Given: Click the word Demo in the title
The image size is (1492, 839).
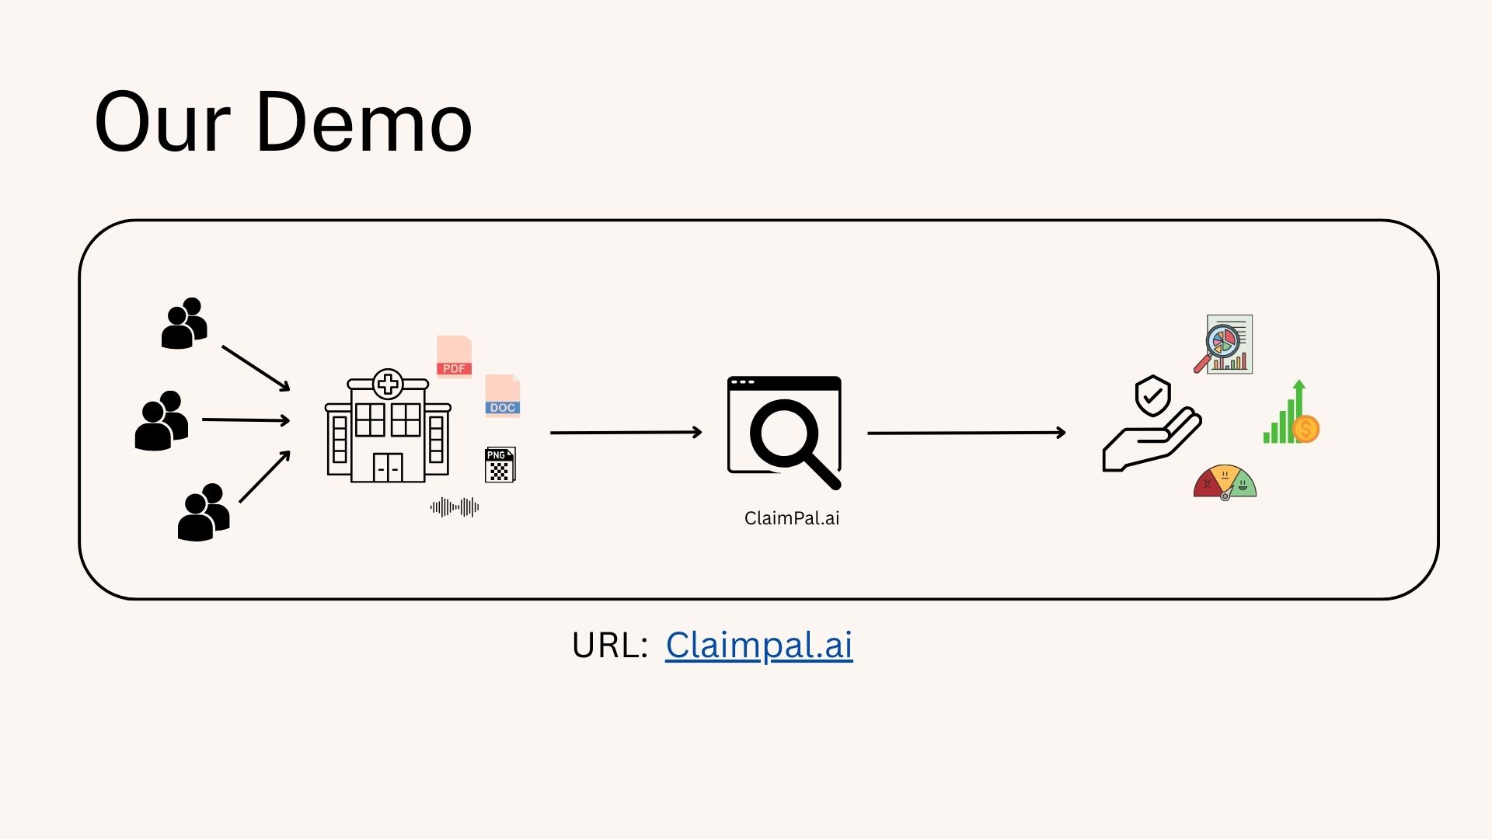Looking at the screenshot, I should pyautogui.click(x=364, y=123).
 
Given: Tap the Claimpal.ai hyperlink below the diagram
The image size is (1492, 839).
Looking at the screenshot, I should pyautogui.click(x=758, y=645).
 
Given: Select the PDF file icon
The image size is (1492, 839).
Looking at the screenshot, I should pyautogui.click(x=455, y=357).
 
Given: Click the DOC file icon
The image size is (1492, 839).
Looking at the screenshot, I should pyautogui.click(x=503, y=396).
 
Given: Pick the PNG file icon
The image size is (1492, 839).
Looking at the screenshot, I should pyautogui.click(x=500, y=465).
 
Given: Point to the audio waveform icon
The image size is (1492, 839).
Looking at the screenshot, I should pyautogui.click(x=455, y=507).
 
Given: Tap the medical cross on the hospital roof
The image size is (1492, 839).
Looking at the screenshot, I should pyautogui.click(x=388, y=384).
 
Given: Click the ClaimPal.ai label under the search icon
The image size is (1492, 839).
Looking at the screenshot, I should pyautogui.click(x=792, y=518).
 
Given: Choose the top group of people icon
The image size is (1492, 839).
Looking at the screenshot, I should pyautogui.click(x=184, y=323).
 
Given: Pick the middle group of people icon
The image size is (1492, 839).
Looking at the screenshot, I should pyautogui.click(x=162, y=420).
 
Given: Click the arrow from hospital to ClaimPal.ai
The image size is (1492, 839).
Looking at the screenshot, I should pyautogui.click(x=626, y=432).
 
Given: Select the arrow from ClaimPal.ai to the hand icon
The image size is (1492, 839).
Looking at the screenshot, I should pyautogui.click(x=966, y=433).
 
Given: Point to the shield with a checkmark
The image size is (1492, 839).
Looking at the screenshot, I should pyautogui.click(x=1152, y=396).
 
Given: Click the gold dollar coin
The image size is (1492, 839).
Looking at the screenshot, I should pyautogui.click(x=1306, y=429).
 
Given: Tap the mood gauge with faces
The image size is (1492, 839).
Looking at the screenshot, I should pyautogui.click(x=1225, y=482).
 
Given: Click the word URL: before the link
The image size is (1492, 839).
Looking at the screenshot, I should pyautogui.click(x=609, y=645).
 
